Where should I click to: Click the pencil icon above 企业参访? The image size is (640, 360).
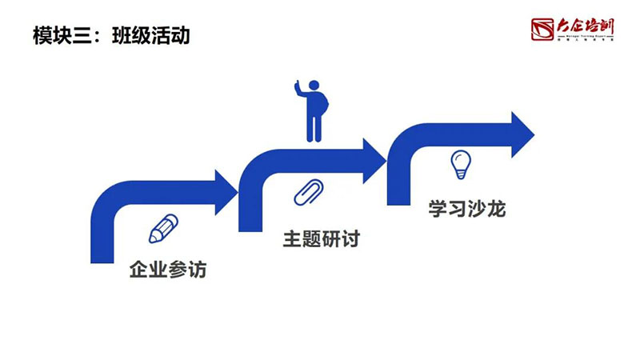tap(163, 229)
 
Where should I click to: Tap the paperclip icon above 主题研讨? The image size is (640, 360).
tap(308, 193)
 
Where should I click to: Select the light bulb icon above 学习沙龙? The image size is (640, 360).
tap(460, 164)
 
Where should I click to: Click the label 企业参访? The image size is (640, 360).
tap(168, 270)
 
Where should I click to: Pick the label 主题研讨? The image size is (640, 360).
tap(321, 239)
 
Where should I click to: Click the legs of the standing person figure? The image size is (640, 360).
tap(314, 128)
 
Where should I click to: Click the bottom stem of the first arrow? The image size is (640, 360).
tap(102, 244)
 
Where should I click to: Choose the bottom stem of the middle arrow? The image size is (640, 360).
tap(250, 214)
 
